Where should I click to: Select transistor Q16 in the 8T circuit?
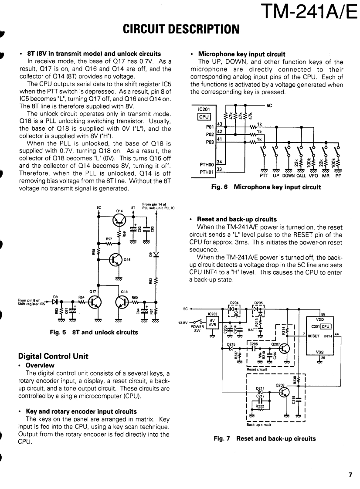point(115,260)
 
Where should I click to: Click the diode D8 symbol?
point(55,301)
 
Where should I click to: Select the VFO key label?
point(313,176)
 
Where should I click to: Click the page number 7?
point(350,475)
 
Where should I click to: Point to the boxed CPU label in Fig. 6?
point(204,116)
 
